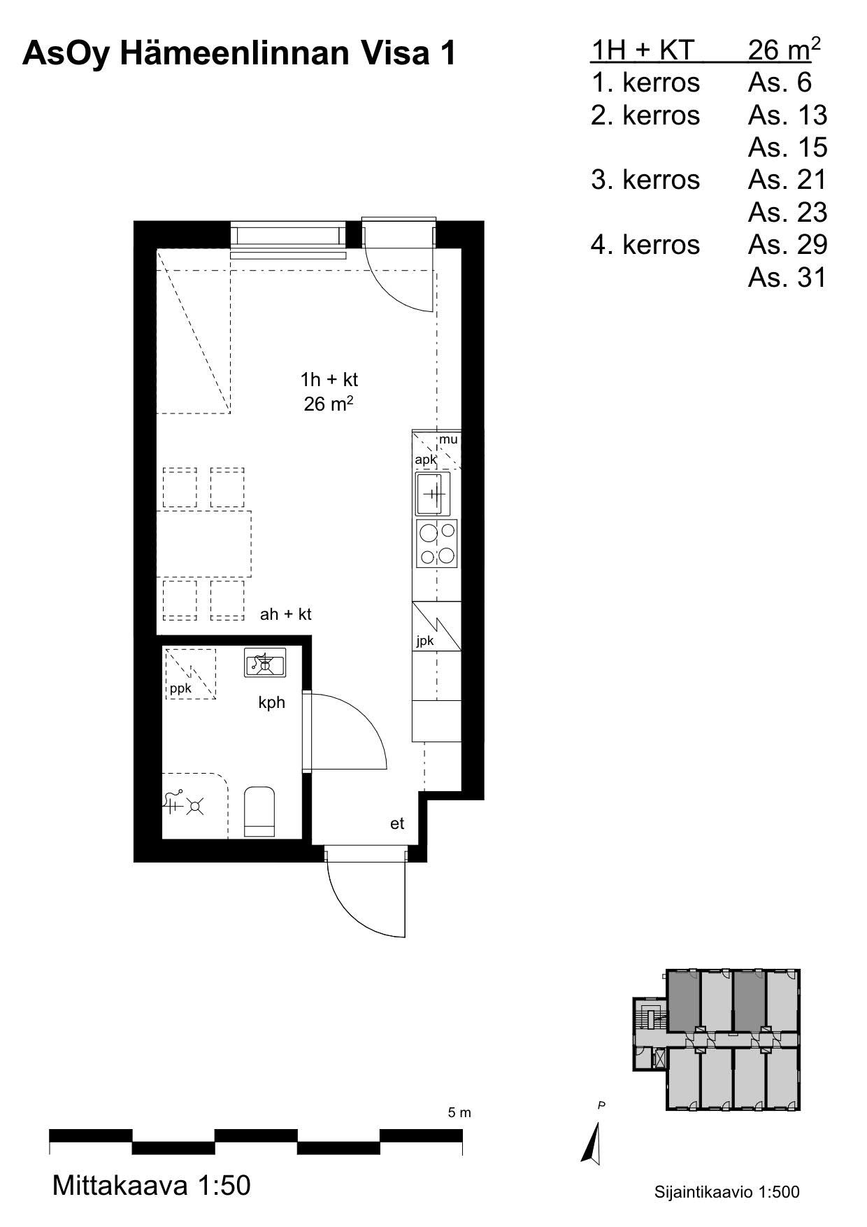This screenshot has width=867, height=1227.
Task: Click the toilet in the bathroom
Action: pos(259,811)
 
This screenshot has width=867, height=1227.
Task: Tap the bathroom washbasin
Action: pos(265,662)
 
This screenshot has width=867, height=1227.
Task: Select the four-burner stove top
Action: pos(437,543)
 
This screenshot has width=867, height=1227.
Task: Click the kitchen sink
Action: pos(433,494)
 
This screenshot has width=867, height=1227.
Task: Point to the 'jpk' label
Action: pos(425,640)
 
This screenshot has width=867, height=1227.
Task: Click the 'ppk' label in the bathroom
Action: pos(180,688)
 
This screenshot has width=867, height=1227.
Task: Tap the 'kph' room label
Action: pos(272,702)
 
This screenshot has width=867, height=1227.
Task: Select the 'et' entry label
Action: pos(397,823)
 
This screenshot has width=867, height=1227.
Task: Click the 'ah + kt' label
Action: pos(285,614)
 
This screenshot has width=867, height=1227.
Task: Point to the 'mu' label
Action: pos(448,440)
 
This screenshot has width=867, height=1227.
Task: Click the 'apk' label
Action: pos(426,460)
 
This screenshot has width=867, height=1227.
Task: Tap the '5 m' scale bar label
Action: pos(459,1112)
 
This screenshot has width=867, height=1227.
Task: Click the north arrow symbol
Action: pos(592,1142)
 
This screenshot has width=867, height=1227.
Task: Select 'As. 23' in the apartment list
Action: pos(787,212)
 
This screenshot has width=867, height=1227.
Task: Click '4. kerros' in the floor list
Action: pos(645,245)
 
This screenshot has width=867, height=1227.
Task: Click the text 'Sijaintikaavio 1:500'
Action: pos(727,1192)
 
